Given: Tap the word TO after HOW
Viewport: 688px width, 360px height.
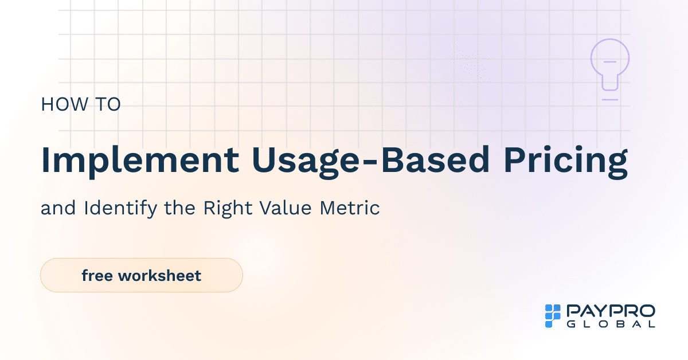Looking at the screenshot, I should pos(107,105).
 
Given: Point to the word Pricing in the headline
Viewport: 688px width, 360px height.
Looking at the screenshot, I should pos(566,161).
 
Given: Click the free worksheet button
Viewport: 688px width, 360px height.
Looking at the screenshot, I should pos(141,275).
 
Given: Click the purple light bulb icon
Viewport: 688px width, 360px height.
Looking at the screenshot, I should pos(610,64).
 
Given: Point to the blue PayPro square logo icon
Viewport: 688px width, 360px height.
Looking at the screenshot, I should pos(552,316).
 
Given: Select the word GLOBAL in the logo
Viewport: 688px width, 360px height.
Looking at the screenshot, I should pos(611,324).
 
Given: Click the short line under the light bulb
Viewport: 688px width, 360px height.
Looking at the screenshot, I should pos(610,100).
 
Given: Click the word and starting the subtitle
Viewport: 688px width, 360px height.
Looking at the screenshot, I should pos(59,208).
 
